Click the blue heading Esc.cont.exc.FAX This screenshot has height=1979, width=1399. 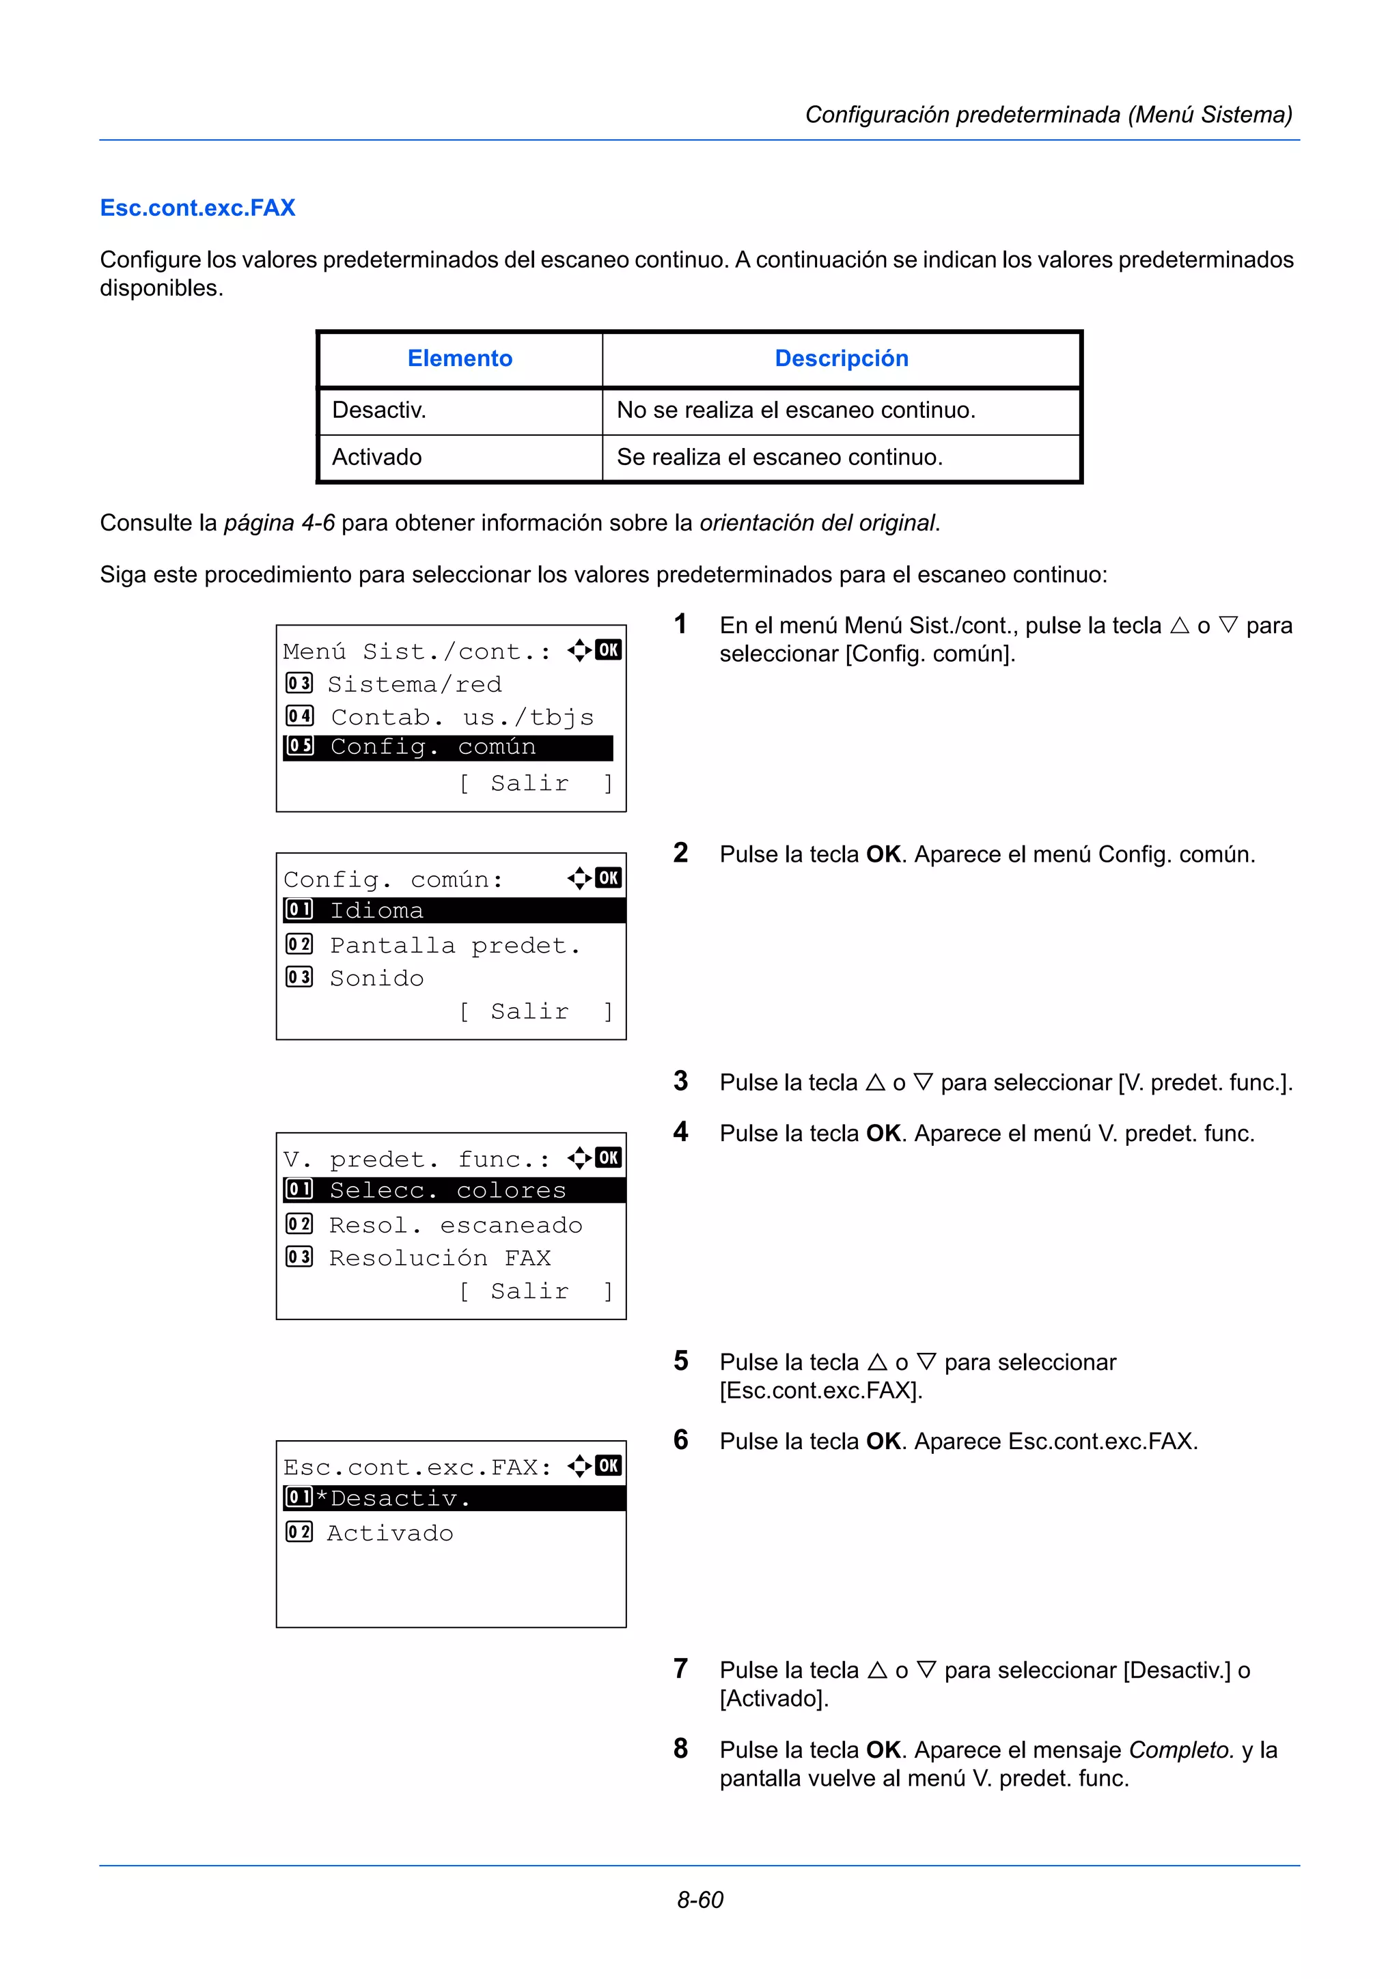click(197, 208)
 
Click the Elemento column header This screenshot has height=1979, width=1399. click(460, 359)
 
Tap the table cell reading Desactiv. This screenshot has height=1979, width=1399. click(379, 410)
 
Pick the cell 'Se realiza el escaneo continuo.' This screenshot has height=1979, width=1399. click(779, 457)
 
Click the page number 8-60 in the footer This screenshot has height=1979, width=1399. click(699, 1899)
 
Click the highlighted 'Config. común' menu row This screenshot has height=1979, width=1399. click(448, 747)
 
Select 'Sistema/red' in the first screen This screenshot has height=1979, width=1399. click(414, 684)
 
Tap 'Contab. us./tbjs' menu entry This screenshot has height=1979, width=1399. click(462, 717)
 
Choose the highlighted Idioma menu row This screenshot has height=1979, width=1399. click(454, 910)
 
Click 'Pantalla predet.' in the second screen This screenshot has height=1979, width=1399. click(454, 946)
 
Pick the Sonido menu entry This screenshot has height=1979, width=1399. click(376, 979)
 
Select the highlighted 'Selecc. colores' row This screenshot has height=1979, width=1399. click(454, 1190)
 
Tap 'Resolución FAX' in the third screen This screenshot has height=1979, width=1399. click(440, 1258)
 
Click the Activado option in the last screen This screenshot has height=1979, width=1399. click(389, 1532)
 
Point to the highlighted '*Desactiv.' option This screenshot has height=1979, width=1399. click(454, 1498)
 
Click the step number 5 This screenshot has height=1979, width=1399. click(681, 1361)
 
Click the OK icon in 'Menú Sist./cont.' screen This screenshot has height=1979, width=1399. click(608, 650)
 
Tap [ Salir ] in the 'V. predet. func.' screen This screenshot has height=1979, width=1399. click(534, 1291)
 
